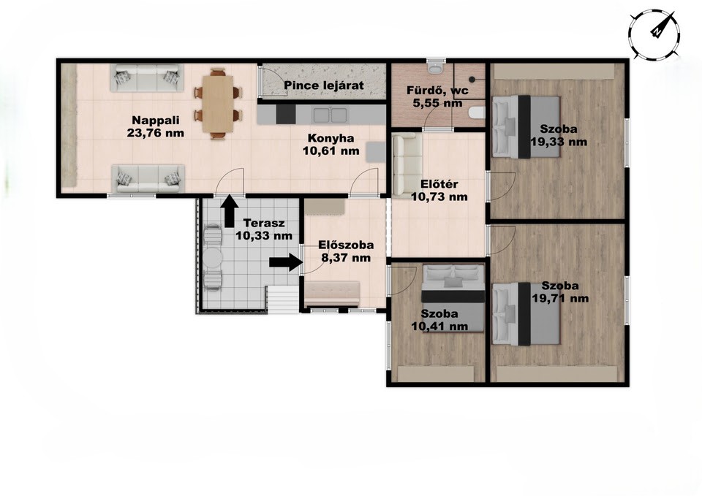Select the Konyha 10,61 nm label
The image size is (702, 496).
point(331,145)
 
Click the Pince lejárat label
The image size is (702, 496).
point(324,85)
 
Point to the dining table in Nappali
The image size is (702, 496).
point(218,103)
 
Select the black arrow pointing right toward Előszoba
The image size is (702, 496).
point(286,262)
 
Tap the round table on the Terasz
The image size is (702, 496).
point(212,258)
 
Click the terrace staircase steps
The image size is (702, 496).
point(283,299)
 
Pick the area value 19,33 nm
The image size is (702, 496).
point(559,142)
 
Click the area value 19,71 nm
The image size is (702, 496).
point(561,298)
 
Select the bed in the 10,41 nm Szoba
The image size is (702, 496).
point(453,298)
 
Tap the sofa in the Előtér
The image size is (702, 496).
point(407,166)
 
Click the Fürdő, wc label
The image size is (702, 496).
point(437,91)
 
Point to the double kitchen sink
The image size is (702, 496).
point(330,115)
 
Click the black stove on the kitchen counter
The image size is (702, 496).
point(286,115)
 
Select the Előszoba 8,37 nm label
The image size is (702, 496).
point(346,251)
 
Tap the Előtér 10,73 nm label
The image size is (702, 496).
point(439,190)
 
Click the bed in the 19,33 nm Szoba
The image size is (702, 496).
point(526,126)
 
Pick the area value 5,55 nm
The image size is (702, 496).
point(437,103)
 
